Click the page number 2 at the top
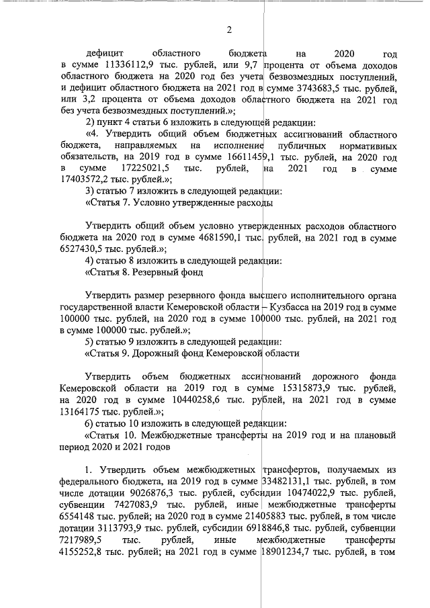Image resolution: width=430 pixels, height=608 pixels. [x=228, y=30]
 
